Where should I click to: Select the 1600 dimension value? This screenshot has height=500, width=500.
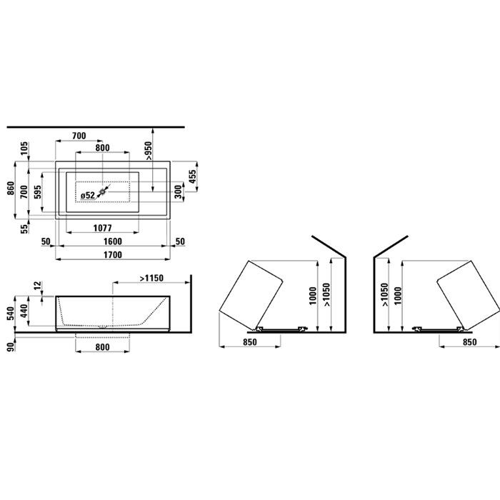(113, 241)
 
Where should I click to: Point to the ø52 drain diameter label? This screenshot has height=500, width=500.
(87, 194)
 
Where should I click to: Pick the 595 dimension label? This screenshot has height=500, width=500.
(38, 193)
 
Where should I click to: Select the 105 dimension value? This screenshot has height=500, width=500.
(25, 149)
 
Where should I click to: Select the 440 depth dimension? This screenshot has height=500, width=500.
(25, 311)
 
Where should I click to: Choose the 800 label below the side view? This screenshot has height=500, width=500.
(102, 348)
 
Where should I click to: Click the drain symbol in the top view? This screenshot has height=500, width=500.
(104, 191)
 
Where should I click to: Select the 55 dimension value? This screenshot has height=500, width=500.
(25, 228)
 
